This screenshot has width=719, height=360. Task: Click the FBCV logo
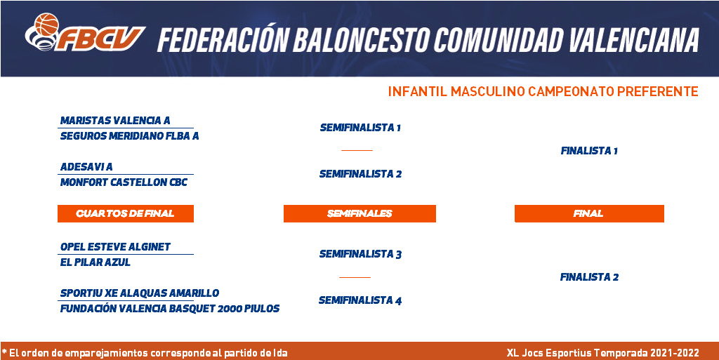click(x=85, y=32)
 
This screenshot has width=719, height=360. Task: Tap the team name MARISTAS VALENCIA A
click(x=115, y=121)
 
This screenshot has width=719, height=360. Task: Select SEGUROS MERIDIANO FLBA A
click(x=130, y=136)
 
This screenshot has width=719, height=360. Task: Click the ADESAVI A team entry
click(x=86, y=167)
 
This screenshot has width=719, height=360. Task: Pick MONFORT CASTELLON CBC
click(x=124, y=182)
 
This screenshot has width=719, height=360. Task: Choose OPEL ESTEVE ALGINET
click(x=116, y=247)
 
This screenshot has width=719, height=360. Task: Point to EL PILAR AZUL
click(x=95, y=262)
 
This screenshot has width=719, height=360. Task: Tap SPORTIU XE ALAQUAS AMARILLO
click(x=140, y=293)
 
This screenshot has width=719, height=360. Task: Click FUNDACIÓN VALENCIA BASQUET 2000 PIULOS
click(x=170, y=309)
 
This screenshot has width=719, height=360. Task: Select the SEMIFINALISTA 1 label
click(x=360, y=128)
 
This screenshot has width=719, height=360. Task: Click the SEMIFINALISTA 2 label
click(x=360, y=174)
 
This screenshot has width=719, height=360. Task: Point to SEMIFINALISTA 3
click(x=360, y=254)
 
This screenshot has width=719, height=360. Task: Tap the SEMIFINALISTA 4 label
click(x=360, y=300)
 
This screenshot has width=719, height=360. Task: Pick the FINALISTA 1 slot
click(x=589, y=151)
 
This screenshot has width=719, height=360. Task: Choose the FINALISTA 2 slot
click(x=589, y=277)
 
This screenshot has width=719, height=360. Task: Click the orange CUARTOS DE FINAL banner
click(x=126, y=213)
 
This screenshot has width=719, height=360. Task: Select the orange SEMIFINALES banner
click(x=359, y=213)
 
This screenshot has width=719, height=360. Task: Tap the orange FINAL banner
click(x=589, y=213)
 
